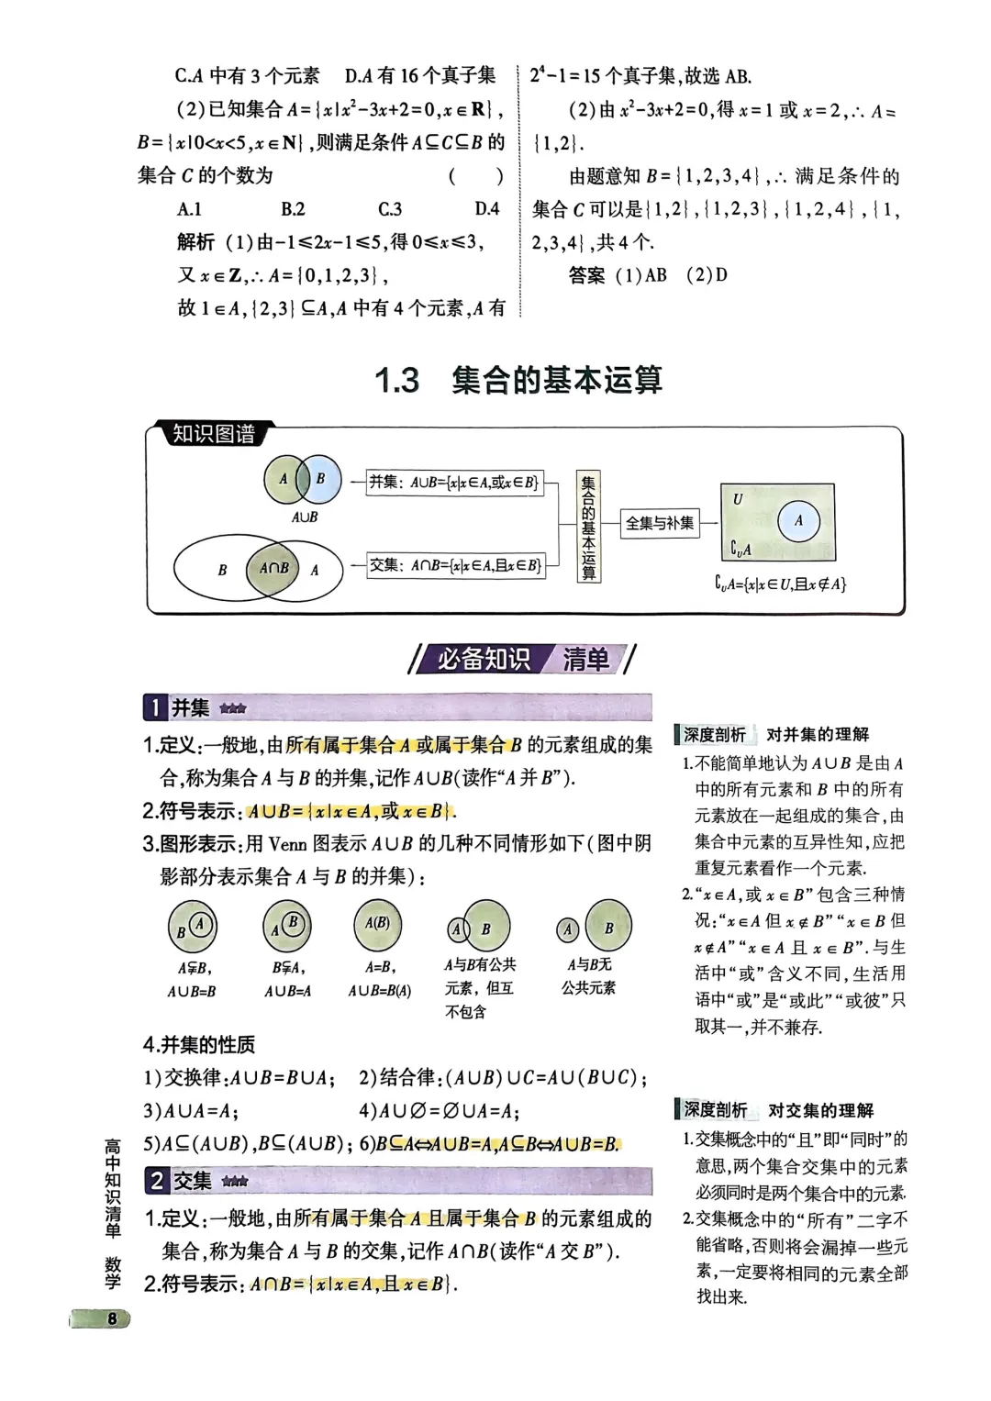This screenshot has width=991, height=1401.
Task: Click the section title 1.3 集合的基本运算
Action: pyautogui.click(x=518, y=380)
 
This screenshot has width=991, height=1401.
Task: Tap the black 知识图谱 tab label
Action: pyautogui.click(x=213, y=433)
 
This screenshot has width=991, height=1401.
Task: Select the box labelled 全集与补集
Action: pyautogui.click(x=660, y=523)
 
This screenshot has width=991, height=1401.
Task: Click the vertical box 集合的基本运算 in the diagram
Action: pyautogui.click(x=588, y=527)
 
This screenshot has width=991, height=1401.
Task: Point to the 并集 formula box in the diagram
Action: pyautogui.click(x=455, y=483)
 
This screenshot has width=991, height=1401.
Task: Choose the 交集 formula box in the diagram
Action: pyautogui.click(x=455, y=565)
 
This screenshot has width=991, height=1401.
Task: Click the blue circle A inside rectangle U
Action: pyautogui.click(x=799, y=521)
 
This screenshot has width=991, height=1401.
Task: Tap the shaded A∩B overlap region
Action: pyautogui.click(x=274, y=568)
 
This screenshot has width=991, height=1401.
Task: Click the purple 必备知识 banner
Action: pyautogui.click(x=483, y=660)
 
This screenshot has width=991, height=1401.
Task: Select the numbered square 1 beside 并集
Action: pyautogui.click(x=155, y=707)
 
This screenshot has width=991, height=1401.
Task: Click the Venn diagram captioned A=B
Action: pyautogui.click(x=377, y=925)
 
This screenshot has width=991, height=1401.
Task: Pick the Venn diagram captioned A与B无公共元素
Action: pyautogui.click(x=595, y=927)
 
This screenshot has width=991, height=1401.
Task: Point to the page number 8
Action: pyautogui.click(x=112, y=1319)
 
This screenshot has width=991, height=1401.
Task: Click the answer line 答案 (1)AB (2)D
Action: pyautogui.click(x=648, y=275)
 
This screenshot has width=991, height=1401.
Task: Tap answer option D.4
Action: pyautogui.click(x=486, y=208)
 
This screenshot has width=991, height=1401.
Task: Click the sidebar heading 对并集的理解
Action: pyautogui.click(x=818, y=734)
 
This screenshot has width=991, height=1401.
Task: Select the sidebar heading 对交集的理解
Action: pyautogui.click(x=821, y=1110)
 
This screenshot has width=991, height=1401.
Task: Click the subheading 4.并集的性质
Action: pyautogui.click(x=199, y=1044)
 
